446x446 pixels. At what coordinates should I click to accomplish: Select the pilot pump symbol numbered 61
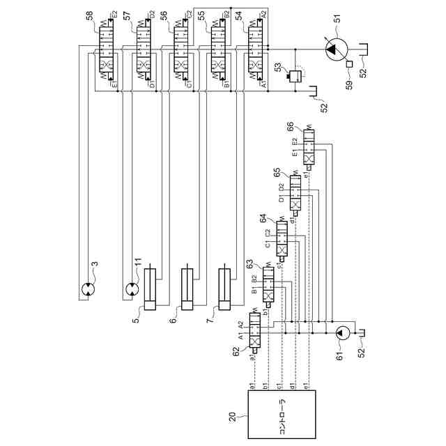(341, 333)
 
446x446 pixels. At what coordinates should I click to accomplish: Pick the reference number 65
(277, 171)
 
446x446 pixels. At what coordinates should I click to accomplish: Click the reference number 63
(250, 264)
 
